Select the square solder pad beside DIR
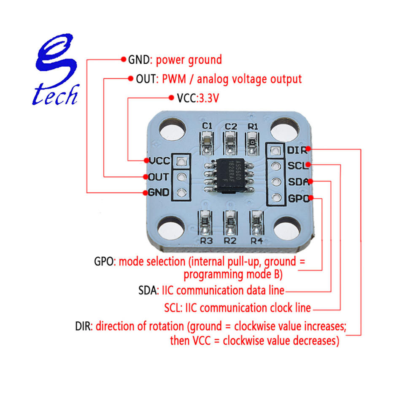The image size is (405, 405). click(275, 150)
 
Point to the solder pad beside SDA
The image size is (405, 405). click(275, 182)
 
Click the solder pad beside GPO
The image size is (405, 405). click(275, 197)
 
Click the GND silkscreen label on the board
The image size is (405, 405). click(159, 192)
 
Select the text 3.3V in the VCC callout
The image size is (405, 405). click(209, 98)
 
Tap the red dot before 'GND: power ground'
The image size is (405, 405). click(123, 59)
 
